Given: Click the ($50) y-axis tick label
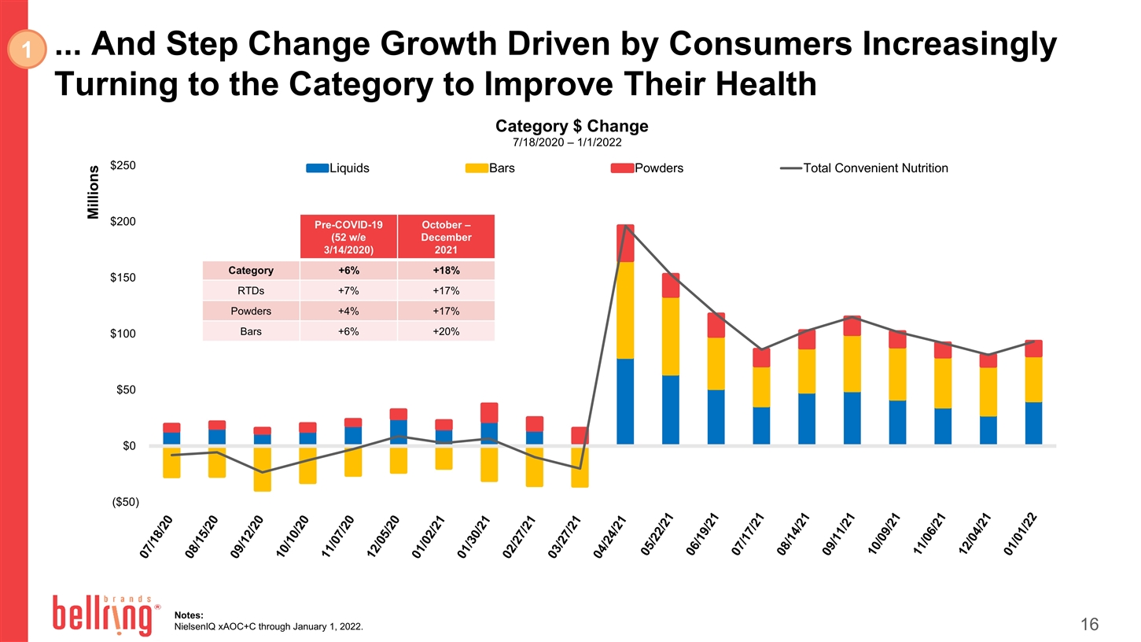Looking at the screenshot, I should point(122,502).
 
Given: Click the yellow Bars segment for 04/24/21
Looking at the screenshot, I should point(625,310).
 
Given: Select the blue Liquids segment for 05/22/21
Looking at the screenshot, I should point(671,409).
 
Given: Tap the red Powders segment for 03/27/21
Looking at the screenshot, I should point(580,435).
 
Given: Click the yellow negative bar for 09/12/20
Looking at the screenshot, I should point(262,469).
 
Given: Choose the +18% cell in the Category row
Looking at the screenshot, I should point(446,271).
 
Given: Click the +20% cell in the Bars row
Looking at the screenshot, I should point(446,331).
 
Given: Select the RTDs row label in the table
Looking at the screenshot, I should point(251,291).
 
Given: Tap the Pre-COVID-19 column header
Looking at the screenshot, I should point(348,237).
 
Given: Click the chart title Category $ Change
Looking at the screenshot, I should point(571,127).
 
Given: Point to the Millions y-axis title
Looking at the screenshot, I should point(94,193).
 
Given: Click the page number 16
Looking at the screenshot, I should point(1089,625).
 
